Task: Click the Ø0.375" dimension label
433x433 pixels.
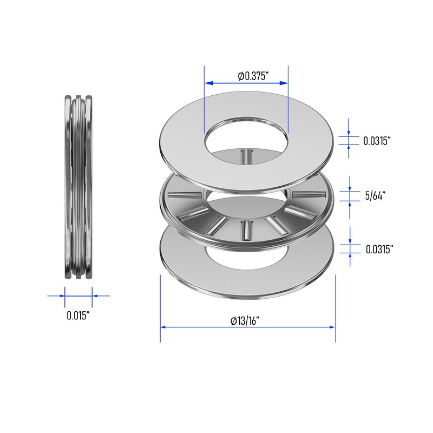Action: (x=253, y=76)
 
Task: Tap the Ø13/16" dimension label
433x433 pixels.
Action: (x=245, y=321)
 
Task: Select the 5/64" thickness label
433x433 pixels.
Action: (x=375, y=196)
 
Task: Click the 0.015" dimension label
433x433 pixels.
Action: (x=78, y=316)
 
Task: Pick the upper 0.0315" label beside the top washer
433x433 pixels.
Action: (x=377, y=141)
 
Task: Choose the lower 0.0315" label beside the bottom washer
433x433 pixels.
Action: (x=379, y=250)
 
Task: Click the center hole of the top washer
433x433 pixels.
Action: (x=246, y=138)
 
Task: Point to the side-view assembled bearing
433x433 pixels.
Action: (x=78, y=187)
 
